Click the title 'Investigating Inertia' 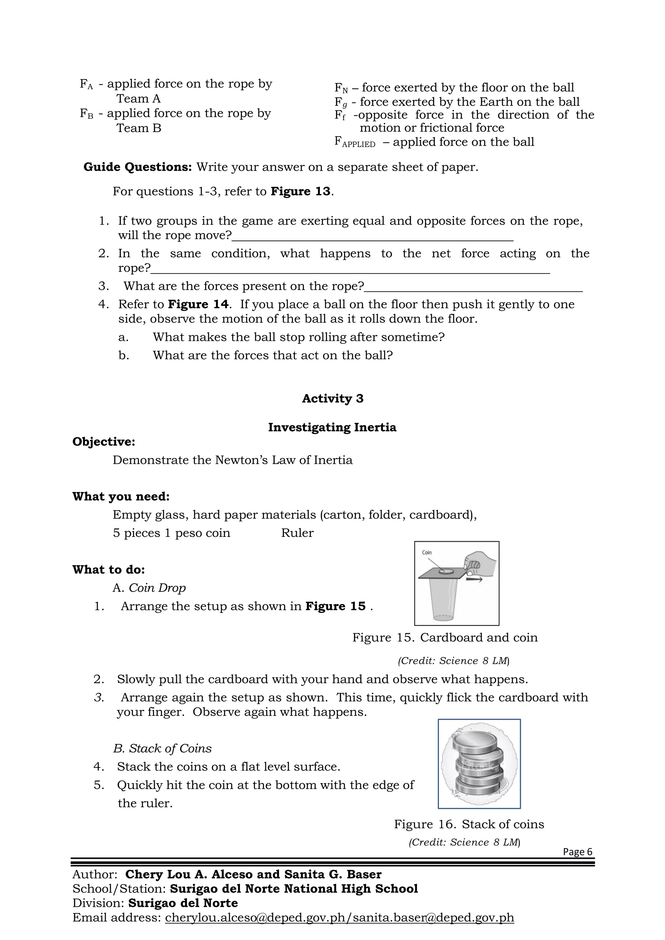coord(332,427)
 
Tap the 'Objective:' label coord(104,442)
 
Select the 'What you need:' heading coord(121,496)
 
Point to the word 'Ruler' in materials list coord(297,533)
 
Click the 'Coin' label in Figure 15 coord(427,552)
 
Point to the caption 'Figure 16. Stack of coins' coord(469,824)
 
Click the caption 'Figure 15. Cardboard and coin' coord(445,637)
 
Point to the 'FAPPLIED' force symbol coord(355,142)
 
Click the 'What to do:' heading coord(108,570)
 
